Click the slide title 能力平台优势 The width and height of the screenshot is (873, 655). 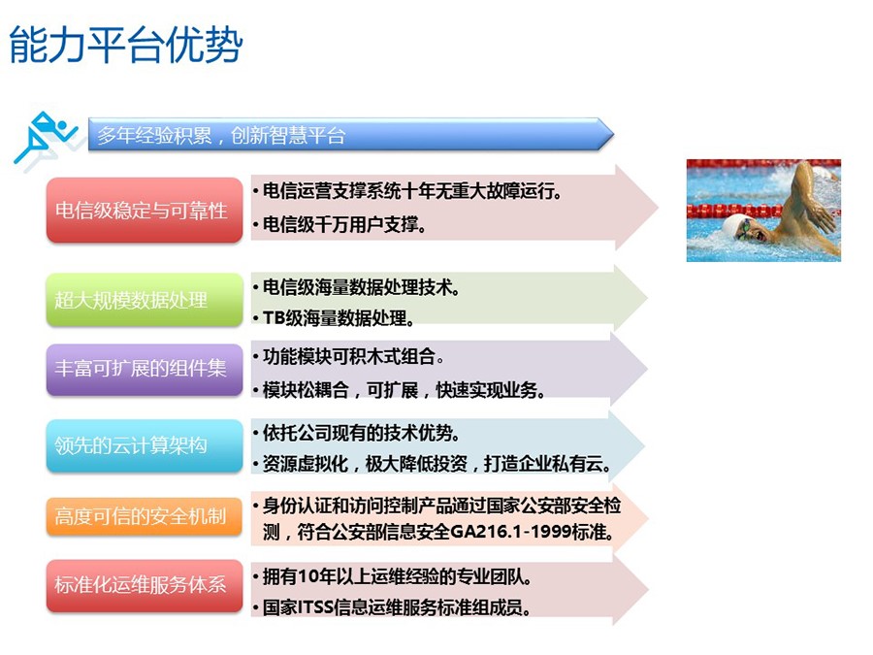coord(126,45)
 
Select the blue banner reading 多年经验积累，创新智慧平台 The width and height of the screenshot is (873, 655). coord(351,134)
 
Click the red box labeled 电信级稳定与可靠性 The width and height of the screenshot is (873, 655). coord(145,210)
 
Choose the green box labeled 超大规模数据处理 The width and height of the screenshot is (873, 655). coord(145,300)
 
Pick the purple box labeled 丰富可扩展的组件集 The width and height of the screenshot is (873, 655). coord(145,370)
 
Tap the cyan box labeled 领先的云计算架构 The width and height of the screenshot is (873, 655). coord(145,445)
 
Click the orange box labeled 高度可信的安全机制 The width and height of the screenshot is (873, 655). coord(145,516)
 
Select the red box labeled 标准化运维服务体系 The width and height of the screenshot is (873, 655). coord(145,585)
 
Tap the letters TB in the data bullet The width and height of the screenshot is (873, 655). coord(274,318)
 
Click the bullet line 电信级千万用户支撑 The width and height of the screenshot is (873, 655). coord(344,224)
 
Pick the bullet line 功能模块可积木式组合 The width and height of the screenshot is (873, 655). coord(353,356)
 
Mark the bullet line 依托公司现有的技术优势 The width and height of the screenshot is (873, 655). coord(361,433)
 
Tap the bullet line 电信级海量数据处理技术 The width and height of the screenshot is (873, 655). coord(361,287)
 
